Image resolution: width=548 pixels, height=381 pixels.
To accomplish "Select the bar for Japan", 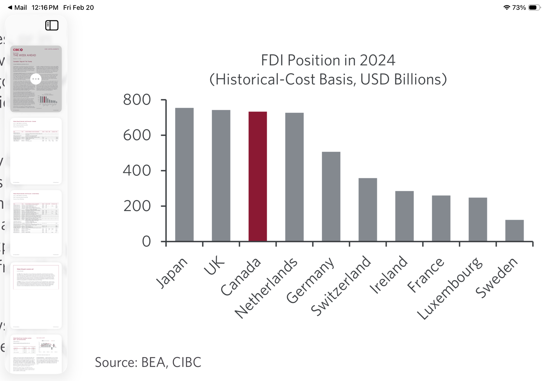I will tap(184, 174).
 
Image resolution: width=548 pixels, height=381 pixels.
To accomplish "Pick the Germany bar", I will tap(331, 196).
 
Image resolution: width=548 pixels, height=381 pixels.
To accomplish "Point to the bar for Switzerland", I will tap(368, 210).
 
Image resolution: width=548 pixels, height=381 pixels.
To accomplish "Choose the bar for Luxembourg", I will tap(478, 219).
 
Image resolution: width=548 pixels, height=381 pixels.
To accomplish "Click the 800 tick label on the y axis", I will tap(137, 99).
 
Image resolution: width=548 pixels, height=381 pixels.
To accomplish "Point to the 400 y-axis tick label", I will tap(137, 170).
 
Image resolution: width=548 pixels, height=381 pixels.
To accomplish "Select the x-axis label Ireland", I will tap(389, 275).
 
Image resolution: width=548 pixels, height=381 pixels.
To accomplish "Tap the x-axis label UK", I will tap(214, 266).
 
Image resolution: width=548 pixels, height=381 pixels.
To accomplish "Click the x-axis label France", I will tap(426, 275).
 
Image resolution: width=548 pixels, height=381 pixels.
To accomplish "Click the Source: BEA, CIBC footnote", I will tap(148, 362).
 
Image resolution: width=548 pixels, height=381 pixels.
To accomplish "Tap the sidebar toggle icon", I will tap(52, 26).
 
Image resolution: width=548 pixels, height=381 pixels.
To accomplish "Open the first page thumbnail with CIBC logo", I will tap(36, 79).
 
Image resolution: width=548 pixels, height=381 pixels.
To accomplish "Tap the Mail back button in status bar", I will tap(17, 7).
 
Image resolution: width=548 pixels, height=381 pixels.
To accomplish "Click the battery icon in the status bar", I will tap(534, 7).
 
